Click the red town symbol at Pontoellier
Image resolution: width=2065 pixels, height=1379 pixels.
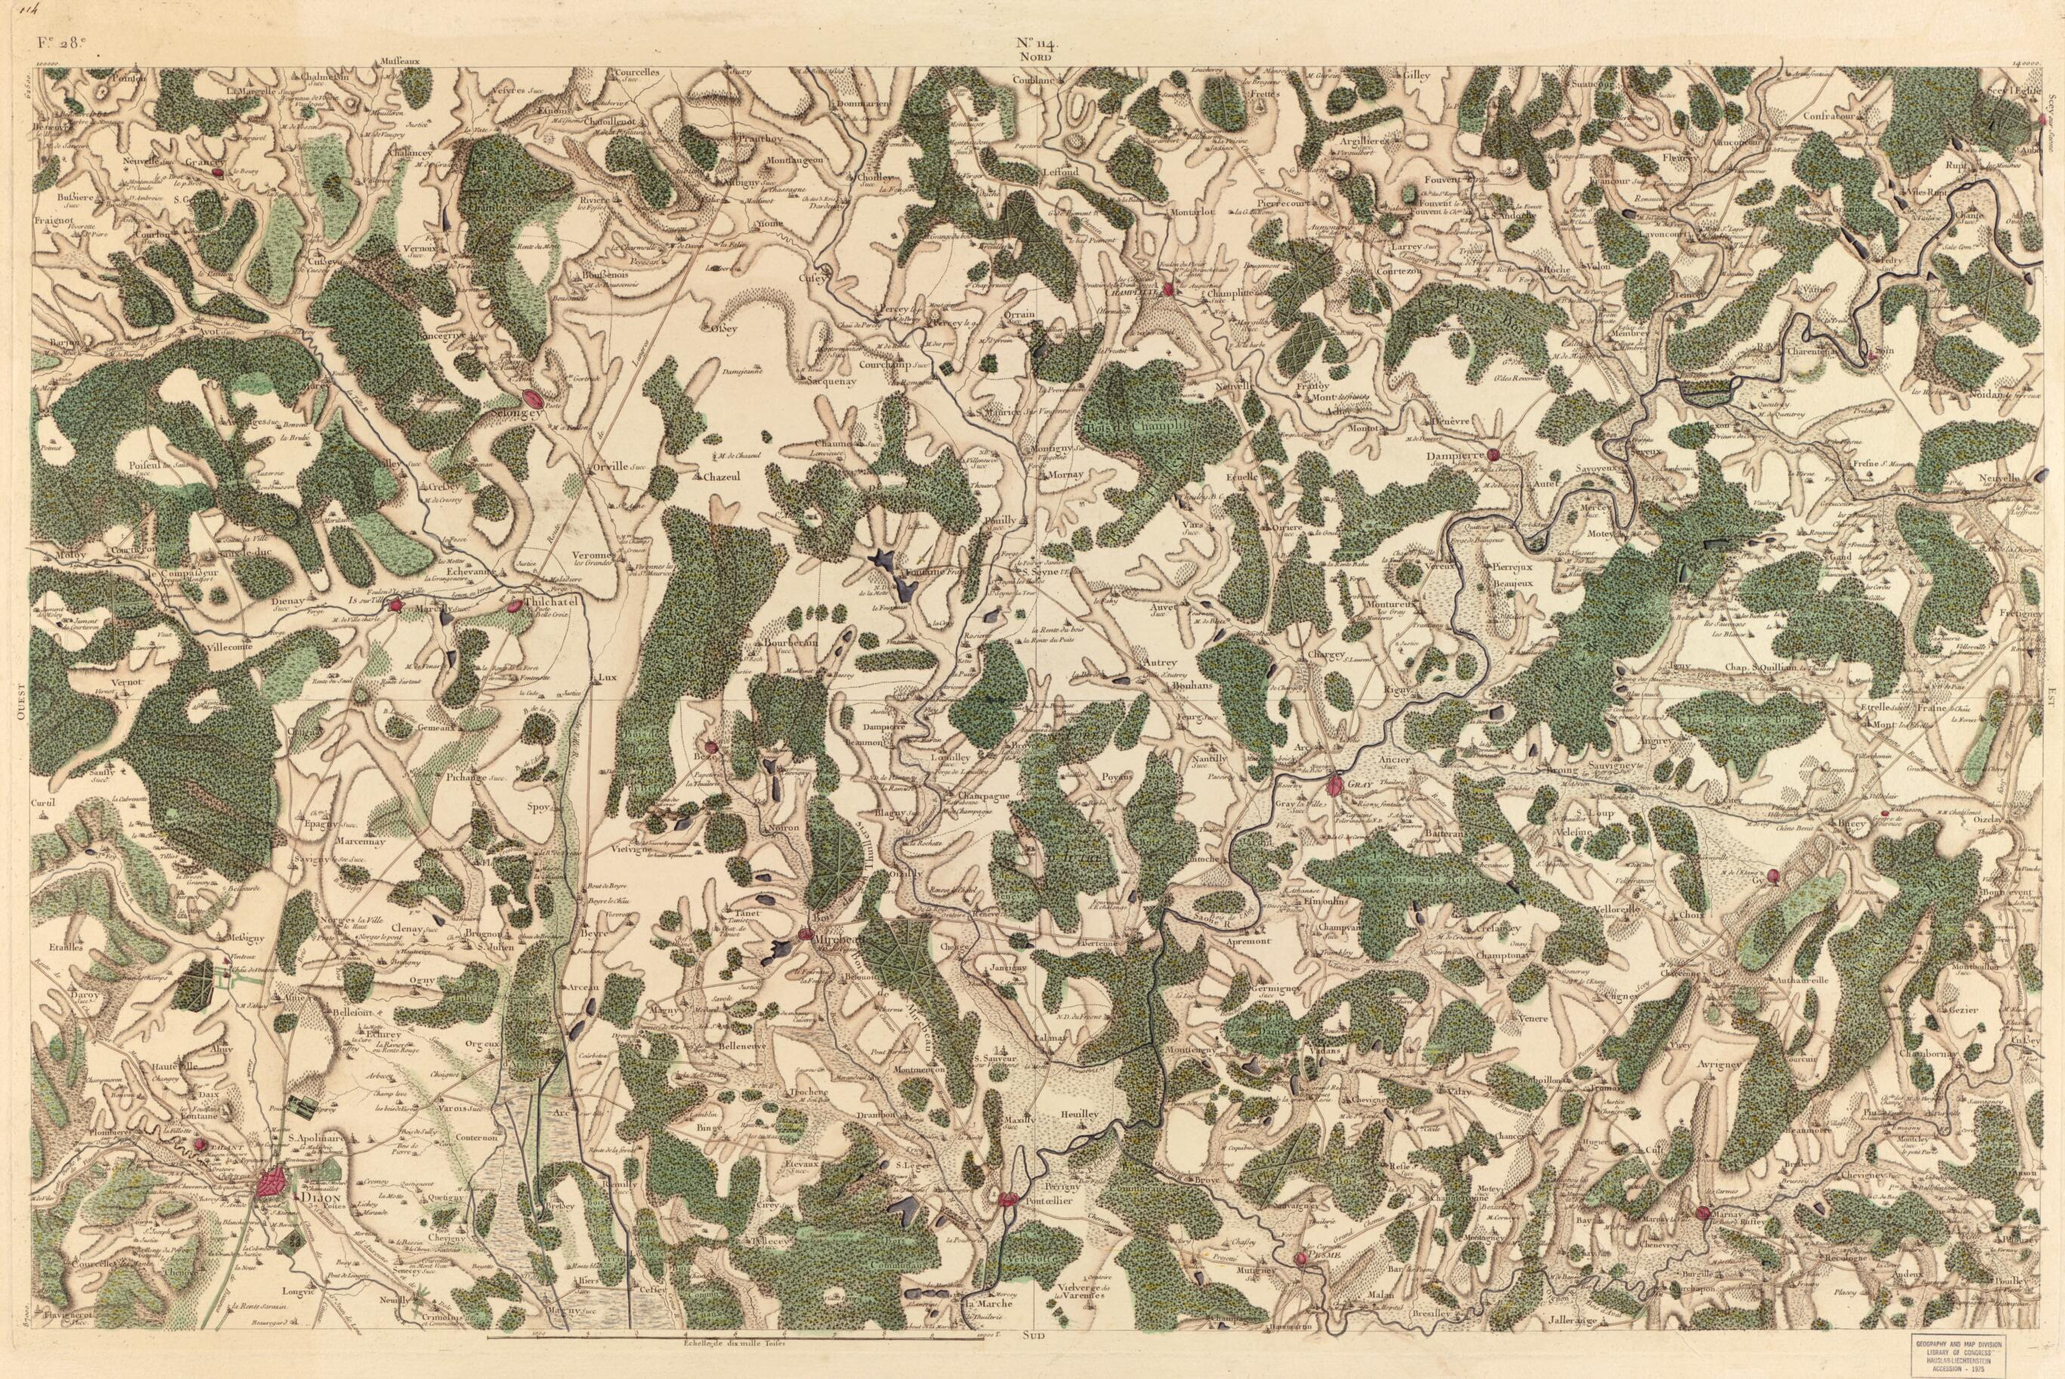1009,1198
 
